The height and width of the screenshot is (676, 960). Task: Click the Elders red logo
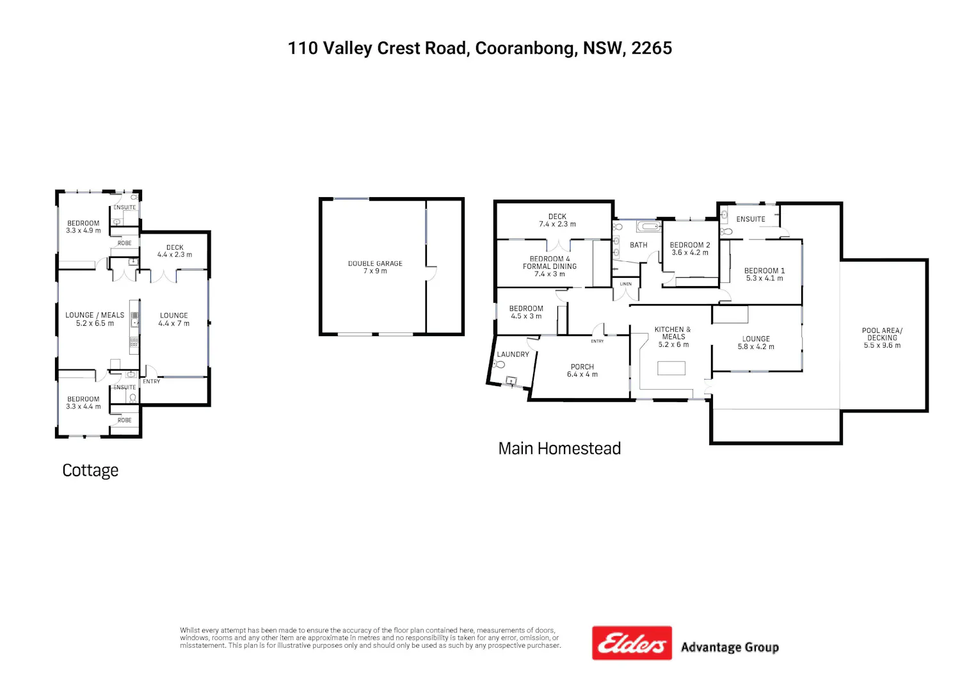(632, 643)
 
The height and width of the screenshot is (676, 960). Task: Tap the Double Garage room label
(375, 263)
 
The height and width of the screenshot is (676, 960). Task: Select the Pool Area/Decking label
(882, 338)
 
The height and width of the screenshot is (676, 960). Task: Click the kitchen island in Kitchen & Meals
(671, 368)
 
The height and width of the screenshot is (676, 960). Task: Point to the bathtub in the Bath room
(649, 227)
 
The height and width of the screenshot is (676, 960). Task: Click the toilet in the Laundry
(499, 365)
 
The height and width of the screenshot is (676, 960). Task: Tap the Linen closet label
(626, 284)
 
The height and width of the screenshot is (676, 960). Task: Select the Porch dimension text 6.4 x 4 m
(582, 374)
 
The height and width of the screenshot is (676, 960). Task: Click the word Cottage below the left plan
(90, 471)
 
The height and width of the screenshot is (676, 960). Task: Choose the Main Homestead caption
(559, 448)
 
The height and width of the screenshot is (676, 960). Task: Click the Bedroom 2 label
(690, 245)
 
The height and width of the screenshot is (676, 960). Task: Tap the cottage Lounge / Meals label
(95, 315)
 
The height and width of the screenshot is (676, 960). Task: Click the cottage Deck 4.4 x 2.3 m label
(175, 251)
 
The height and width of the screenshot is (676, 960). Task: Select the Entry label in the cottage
(151, 381)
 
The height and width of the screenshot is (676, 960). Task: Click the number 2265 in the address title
(652, 48)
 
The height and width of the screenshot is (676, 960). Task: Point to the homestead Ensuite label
(751, 219)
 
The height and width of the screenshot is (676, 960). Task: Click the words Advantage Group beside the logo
(730, 647)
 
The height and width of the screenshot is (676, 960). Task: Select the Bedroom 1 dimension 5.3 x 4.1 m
(765, 278)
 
